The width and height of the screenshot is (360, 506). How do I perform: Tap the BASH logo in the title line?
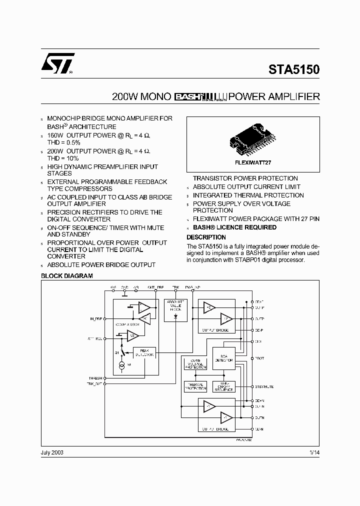(187, 97)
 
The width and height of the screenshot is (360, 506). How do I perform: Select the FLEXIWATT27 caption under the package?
(253, 163)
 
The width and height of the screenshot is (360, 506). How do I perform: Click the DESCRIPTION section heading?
(206, 237)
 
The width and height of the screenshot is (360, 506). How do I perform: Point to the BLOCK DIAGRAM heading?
(66, 276)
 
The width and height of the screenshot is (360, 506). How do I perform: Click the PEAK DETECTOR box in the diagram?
(145, 352)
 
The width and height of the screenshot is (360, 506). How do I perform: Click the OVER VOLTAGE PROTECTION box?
(195, 364)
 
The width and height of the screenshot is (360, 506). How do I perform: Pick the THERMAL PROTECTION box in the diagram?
(195, 386)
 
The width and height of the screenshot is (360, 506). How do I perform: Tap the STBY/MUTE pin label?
(263, 386)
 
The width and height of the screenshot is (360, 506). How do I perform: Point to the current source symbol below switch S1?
(121, 366)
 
